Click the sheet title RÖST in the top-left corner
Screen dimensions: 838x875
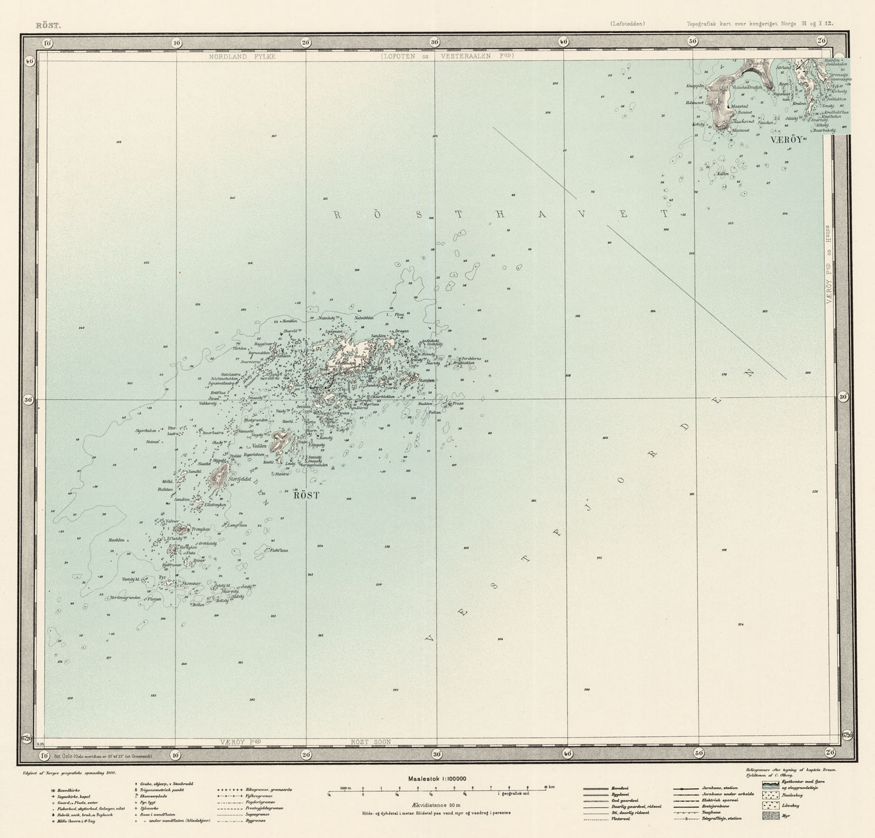tap(48, 25)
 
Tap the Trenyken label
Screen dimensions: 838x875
tap(200, 529)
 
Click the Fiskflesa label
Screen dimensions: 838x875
tap(279, 550)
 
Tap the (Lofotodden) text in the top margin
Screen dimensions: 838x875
tap(628, 25)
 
